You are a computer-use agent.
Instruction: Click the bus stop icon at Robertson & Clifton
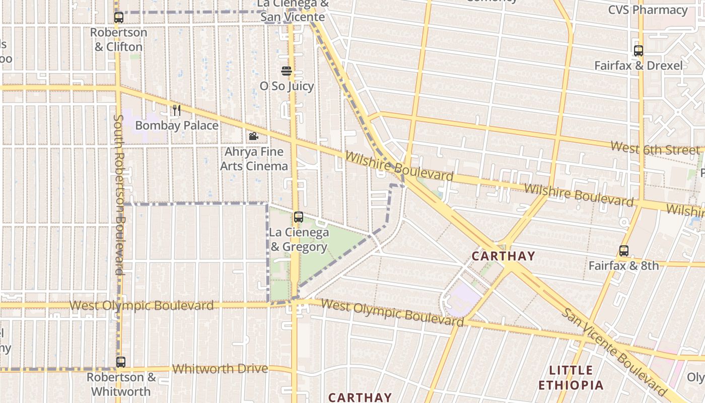pos(119,18)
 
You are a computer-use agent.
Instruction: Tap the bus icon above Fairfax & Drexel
pos(639,51)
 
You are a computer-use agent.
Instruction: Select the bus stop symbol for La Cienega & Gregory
pos(299,217)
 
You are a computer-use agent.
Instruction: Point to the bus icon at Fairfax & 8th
pos(624,251)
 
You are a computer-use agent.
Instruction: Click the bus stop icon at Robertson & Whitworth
pos(121,362)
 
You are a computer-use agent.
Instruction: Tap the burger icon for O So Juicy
pos(287,71)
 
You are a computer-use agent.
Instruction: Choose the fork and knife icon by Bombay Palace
pos(176,110)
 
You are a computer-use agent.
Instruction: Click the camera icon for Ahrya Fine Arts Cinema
pos(253,137)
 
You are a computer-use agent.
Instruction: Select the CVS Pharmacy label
pos(648,10)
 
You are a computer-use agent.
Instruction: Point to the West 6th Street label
pos(655,148)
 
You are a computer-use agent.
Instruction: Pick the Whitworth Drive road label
pos(220,369)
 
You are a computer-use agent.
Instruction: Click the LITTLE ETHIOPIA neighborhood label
pos(571,378)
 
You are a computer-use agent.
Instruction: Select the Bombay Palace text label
pos(177,125)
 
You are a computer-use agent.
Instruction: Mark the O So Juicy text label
pos(287,86)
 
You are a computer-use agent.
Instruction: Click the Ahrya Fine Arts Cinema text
pos(254,159)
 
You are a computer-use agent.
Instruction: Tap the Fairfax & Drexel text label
pos(639,65)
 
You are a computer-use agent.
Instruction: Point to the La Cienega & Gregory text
pos(299,240)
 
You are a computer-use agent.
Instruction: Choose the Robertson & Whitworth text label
pos(121,384)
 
